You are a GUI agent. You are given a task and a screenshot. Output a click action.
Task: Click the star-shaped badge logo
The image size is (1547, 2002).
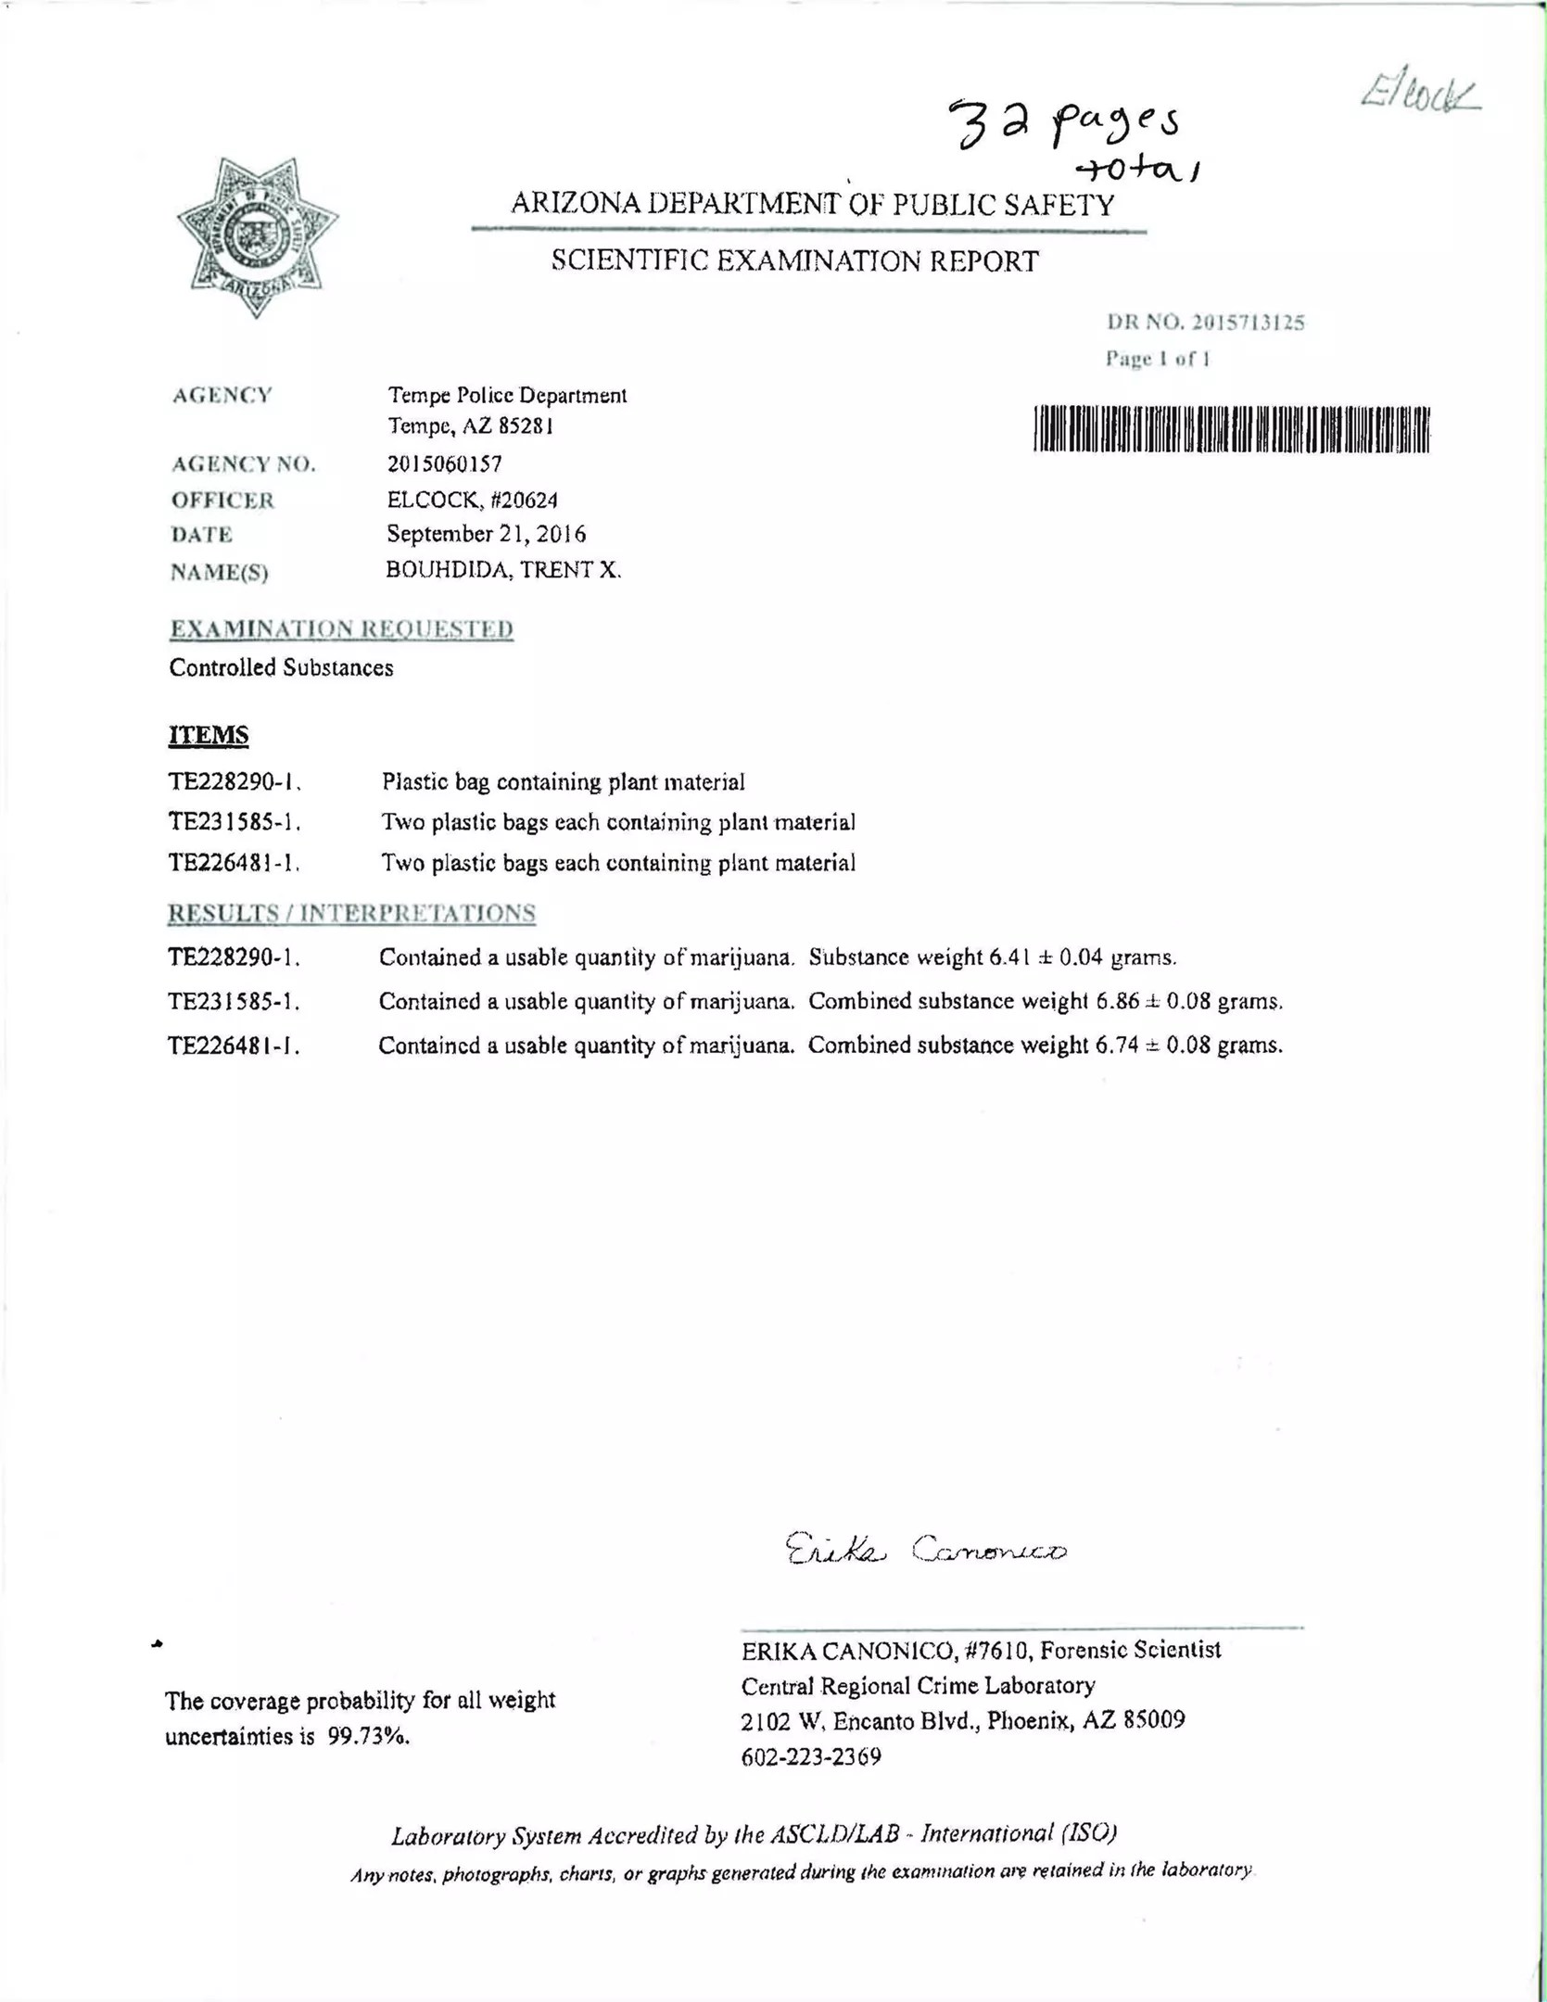[257, 236]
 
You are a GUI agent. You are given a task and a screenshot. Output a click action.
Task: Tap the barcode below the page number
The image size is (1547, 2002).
[1231, 429]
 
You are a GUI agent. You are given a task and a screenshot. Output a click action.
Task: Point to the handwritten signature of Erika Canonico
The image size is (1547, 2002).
[925, 1549]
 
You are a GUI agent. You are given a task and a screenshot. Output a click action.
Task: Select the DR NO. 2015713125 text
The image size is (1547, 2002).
[1205, 323]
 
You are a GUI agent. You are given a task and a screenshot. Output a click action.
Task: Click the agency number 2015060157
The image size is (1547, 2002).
[444, 463]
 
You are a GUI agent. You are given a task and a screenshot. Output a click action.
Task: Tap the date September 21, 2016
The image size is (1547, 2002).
[486, 534]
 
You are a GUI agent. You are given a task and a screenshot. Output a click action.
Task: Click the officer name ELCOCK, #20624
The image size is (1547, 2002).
[472, 500]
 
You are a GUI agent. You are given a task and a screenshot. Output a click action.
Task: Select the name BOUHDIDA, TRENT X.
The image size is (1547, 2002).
[503, 570]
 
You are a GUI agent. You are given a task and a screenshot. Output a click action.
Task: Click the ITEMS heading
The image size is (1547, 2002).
[209, 735]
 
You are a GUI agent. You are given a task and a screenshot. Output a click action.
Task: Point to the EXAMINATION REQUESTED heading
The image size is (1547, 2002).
[341, 629]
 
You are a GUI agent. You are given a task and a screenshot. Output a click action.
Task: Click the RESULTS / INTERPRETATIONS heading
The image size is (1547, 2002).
[351, 913]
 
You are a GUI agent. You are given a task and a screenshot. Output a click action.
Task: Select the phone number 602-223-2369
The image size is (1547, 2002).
[811, 1756]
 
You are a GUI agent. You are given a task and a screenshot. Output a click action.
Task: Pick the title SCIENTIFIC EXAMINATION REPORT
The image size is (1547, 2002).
[794, 261]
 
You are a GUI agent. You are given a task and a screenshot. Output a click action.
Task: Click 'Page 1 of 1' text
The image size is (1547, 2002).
[1158, 359]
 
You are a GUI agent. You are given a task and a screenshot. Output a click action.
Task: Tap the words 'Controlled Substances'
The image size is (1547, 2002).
[281, 667]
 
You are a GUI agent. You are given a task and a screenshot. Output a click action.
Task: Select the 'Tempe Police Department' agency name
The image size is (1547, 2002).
[507, 396]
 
